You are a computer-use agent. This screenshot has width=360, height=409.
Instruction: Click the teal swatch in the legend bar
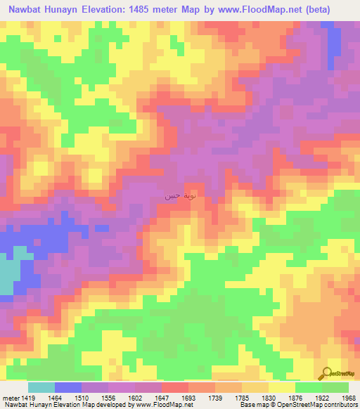click(41, 387)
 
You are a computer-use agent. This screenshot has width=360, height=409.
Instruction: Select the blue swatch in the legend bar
click(68, 387)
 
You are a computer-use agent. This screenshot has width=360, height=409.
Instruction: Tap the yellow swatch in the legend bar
click(282, 387)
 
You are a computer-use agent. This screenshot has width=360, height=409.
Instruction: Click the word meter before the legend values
click(11, 397)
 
